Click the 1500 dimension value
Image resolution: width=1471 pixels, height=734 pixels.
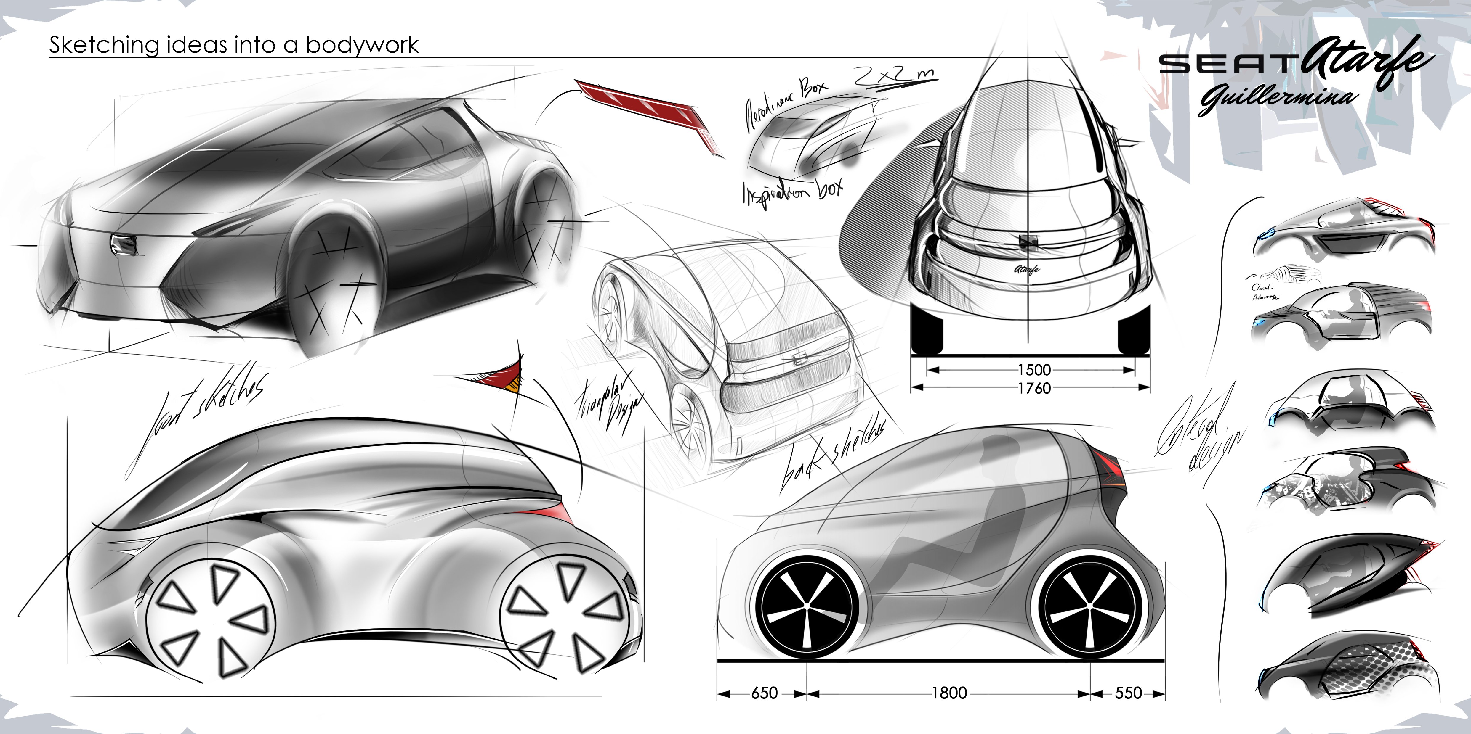[x=1034, y=370]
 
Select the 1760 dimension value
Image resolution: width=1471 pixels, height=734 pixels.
[x=1034, y=388]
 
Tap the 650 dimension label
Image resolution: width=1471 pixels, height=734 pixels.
[x=764, y=693]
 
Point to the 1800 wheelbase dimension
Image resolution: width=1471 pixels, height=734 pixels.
[x=949, y=693]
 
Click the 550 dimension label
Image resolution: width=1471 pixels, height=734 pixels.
[x=1128, y=693]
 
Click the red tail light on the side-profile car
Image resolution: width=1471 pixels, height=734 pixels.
[x=1108, y=465]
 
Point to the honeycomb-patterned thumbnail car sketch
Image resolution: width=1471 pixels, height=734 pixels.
[x=1348, y=668]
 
